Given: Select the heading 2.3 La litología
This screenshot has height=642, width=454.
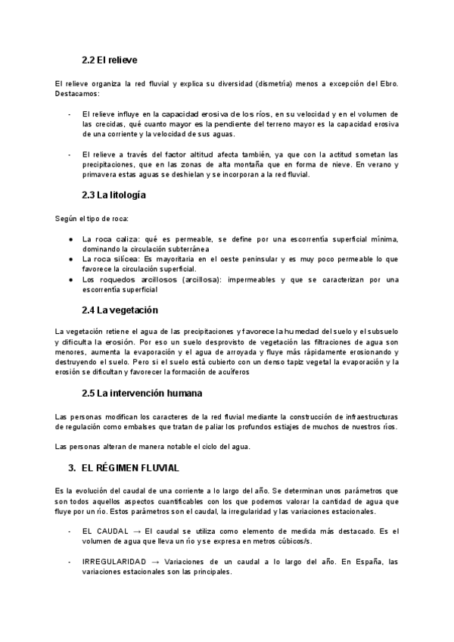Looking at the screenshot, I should click(x=114, y=195).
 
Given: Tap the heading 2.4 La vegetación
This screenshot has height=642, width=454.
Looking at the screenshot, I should click(x=119, y=310).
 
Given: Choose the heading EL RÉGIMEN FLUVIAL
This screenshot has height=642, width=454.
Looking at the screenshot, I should click(x=129, y=469).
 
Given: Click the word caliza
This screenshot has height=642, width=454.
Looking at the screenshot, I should click(x=129, y=239).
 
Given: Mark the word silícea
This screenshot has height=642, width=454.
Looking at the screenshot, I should click(x=129, y=259).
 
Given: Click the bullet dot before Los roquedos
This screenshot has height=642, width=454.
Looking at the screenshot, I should click(x=70, y=279).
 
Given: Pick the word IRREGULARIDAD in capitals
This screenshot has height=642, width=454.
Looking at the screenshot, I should click(x=114, y=562).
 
